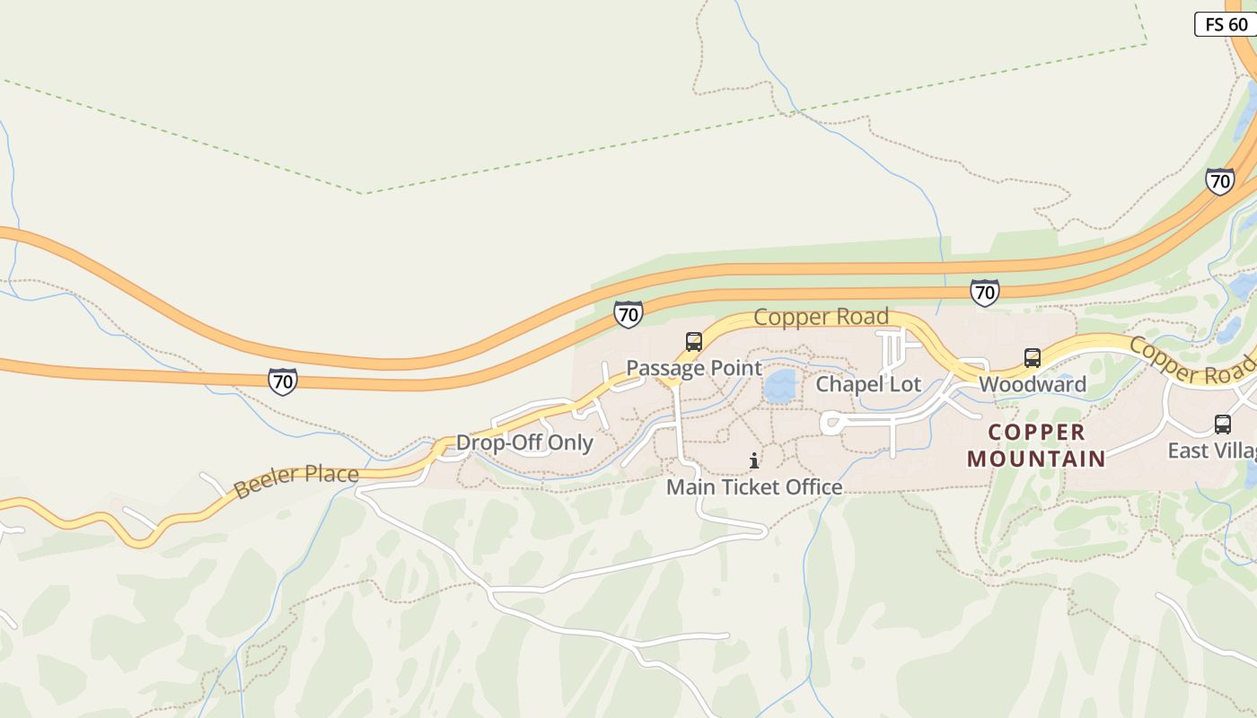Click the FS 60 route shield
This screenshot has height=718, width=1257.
1226,24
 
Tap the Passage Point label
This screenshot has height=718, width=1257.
693,368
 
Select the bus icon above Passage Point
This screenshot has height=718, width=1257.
693,342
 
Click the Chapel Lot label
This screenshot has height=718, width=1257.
867,385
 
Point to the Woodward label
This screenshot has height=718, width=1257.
1032,385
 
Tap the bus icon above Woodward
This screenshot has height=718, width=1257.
1033,358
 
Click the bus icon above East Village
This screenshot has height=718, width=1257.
1222,425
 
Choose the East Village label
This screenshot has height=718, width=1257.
1211,451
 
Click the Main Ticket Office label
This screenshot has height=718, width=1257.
754,487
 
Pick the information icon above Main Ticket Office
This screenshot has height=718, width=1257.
754,461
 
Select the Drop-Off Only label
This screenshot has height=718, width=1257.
524,442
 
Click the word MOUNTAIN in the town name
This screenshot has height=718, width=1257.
1036,459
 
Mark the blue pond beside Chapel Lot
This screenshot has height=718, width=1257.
780,387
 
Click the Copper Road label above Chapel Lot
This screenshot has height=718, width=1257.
821,317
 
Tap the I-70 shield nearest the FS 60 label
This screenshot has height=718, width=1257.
1219,181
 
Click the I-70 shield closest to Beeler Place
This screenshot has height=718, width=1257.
283,381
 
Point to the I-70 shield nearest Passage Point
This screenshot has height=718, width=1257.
628,314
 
